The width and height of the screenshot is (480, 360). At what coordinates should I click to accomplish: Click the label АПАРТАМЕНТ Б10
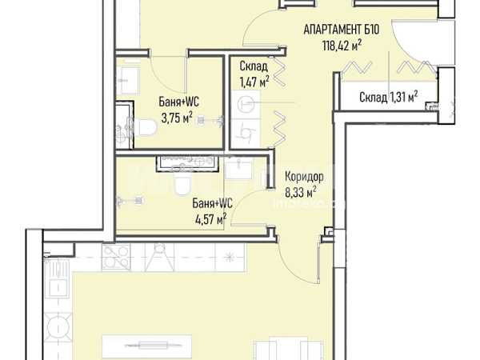(342, 30)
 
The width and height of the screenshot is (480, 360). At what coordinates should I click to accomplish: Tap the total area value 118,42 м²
(342, 46)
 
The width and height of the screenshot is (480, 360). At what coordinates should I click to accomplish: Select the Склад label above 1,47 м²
(254, 66)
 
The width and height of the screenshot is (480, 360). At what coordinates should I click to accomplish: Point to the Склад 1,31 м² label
(389, 97)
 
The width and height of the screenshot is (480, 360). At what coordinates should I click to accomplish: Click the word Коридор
(304, 177)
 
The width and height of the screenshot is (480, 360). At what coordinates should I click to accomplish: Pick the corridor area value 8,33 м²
(301, 193)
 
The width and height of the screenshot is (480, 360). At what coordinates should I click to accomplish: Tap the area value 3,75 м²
(177, 118)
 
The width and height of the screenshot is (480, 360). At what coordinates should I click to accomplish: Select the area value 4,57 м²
(211, 218)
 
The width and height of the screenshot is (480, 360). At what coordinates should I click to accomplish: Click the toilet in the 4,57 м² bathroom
(182, 185)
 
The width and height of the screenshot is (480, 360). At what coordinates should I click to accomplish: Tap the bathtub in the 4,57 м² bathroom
(188, 164)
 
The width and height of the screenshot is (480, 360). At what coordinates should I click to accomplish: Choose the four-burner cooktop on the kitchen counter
(116, 257)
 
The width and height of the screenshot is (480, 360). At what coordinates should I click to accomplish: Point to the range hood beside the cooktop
(159, 257)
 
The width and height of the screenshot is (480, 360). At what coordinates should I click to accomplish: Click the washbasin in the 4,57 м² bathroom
(238, 168)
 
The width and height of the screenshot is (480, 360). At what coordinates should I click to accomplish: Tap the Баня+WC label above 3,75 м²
(178, 102)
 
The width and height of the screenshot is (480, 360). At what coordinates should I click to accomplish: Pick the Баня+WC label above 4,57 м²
(213, 203)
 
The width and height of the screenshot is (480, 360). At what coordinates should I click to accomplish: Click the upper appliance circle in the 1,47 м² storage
(246, 104)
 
